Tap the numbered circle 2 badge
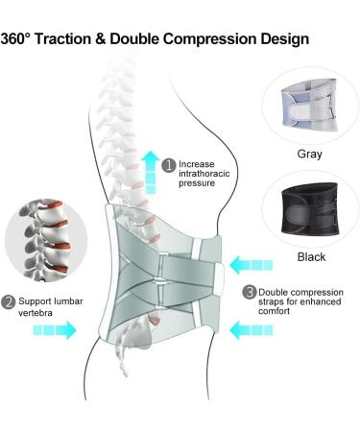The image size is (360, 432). [9, 303]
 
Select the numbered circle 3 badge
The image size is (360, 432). [250, 292]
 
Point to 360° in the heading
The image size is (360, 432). [23, 39]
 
